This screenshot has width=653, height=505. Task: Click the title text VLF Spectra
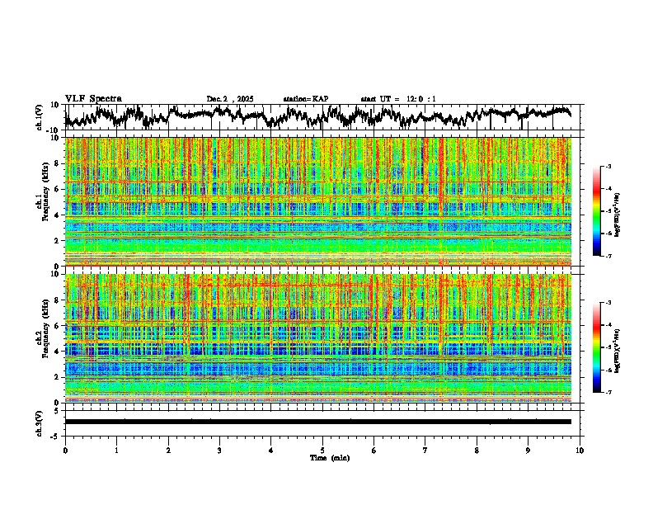[x=93, y=99]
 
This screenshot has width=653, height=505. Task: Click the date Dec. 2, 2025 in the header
[x=229, y=99]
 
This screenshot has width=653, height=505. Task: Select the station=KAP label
[x=305, y=99]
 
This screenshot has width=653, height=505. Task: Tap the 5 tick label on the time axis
[x=322, y=450]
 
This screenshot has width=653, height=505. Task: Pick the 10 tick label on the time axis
[x=580, y=450]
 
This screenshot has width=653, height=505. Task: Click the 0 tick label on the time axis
[x=65, y=450]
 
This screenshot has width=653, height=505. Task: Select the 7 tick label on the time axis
[x=425, y=450]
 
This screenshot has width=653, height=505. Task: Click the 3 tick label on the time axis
[x=219, y=450]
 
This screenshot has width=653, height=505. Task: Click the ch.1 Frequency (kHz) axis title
[x=45, y=202]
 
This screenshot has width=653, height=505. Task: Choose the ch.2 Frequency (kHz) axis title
[x=45, y=338]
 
